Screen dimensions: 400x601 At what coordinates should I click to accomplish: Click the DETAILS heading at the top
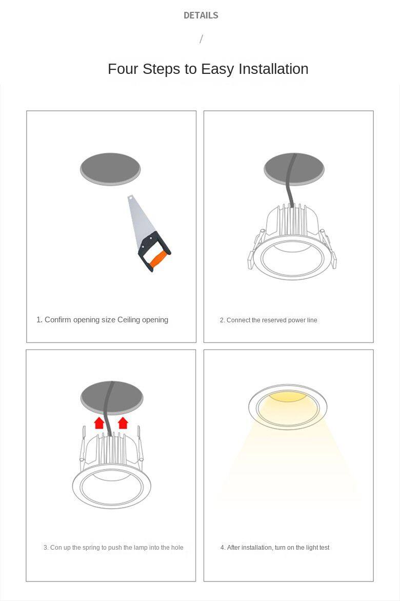pos(201,15)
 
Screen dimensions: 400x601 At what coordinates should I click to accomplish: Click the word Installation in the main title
pos(273,69)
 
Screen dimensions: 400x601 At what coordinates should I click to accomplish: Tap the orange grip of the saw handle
pos(158,259)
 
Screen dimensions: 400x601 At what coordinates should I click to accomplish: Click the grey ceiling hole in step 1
pos(110,169)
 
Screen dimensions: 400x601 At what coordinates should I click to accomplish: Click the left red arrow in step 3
pos(99,423)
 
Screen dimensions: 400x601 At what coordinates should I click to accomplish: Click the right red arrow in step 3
pos(123,423)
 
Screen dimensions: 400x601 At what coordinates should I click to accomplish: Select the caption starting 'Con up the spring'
pos(113,547)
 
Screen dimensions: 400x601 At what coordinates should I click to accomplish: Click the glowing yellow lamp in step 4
pos(288,407)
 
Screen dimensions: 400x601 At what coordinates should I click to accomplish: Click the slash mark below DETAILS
pos(201,38)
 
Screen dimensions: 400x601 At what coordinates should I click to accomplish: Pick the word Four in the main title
pos(123,69)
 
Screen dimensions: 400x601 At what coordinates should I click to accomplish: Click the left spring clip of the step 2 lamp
pos(256,249)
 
